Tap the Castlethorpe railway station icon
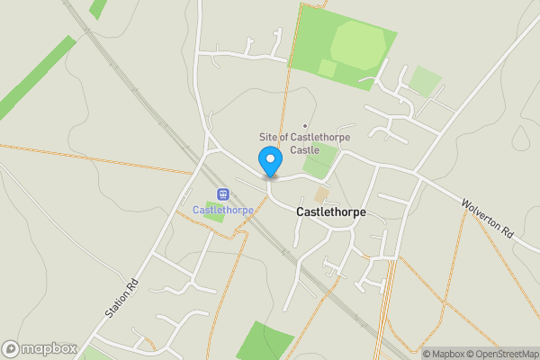[222, 193]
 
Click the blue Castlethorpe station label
[223, 210]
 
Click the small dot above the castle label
[305, 125]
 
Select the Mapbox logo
[39, 348]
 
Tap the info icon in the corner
[413, 354]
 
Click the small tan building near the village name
[321, 194]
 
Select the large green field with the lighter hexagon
[346, 45]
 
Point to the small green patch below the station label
[214, 217]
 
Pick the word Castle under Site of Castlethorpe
[304, 149]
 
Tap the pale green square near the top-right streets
[425, 82]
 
